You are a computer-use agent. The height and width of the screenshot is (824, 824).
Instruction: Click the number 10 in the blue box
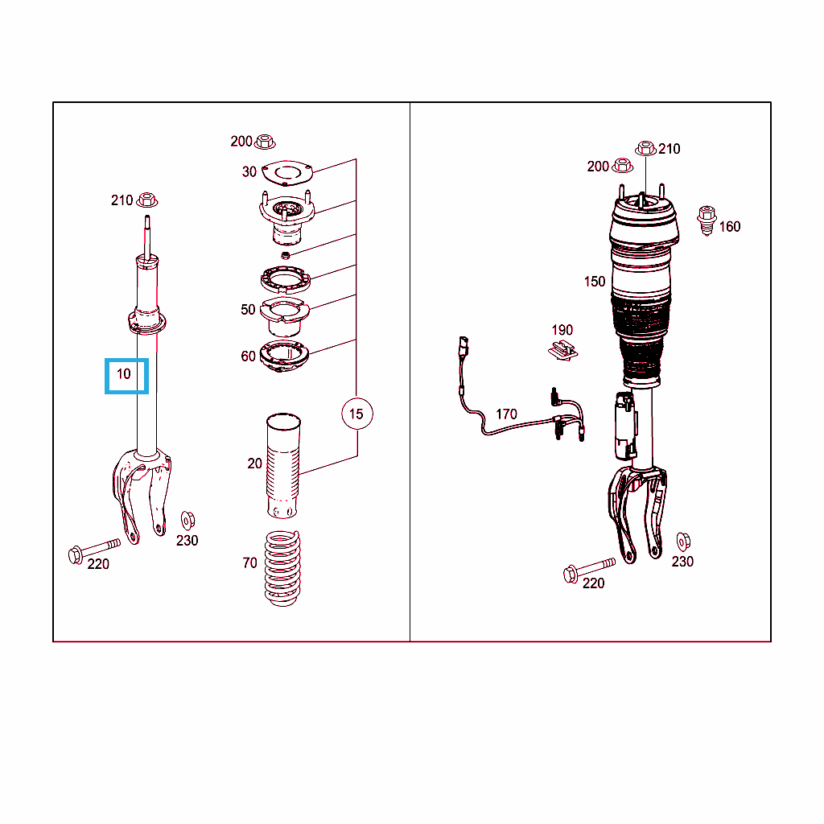tap(123, 374)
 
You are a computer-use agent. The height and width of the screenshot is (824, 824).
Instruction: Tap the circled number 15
tap(356, 414)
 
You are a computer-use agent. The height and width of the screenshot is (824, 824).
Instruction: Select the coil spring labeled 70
tap(282, 568)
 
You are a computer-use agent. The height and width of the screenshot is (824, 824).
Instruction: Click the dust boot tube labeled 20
tap(283, 466)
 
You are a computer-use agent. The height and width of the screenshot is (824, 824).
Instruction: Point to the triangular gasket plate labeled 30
tap(287, 173)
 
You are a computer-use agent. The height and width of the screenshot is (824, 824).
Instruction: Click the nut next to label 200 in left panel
tap(264, 142)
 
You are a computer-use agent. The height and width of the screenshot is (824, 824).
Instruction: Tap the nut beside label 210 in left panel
tap(147, 200)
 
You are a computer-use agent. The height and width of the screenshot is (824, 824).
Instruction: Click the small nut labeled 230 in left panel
tap(187, 521)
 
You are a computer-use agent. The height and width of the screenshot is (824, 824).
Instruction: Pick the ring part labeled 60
tap(284, 356)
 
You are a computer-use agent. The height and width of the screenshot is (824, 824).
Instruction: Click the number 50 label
tap(248, 310)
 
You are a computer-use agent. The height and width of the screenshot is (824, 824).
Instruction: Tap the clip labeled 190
tap(562, 351)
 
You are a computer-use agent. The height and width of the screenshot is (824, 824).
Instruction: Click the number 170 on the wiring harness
tap(506, 414)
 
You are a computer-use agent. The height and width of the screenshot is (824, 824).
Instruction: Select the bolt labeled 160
tap(707, 220)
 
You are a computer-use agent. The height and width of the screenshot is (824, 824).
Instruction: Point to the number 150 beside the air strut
tap(595, 282)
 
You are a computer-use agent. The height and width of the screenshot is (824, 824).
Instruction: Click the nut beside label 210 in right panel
tap(645, 149)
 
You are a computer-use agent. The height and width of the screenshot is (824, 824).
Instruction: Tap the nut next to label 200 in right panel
tap(623, 166)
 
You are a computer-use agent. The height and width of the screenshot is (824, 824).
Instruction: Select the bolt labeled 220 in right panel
tap(588, 570)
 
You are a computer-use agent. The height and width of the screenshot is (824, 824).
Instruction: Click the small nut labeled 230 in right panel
tap(683, 542)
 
